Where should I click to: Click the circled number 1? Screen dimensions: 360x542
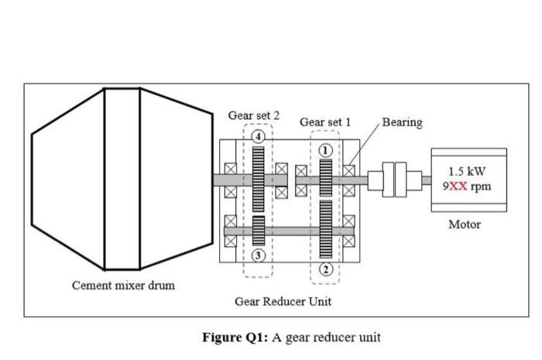[326, 149]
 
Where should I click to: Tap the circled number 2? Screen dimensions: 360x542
[326, 269]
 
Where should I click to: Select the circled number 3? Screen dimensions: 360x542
[259, 255]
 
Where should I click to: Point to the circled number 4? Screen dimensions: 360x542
[259, 136]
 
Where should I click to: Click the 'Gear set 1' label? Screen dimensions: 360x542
[325, 122]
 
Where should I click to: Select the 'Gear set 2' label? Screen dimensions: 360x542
[254, 115]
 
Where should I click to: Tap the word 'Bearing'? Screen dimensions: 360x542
[402, 122]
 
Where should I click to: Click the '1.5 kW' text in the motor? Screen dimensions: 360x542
[468, 171]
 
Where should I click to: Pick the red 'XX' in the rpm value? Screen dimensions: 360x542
[460, 187]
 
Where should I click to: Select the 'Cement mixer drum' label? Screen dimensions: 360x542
[123, 285]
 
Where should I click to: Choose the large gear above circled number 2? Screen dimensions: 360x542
[326, 229]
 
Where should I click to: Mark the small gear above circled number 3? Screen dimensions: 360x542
[259, 230]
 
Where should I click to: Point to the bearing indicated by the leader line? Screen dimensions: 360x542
[350, 170]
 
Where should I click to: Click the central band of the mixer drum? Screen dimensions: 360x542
[122, 179]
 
